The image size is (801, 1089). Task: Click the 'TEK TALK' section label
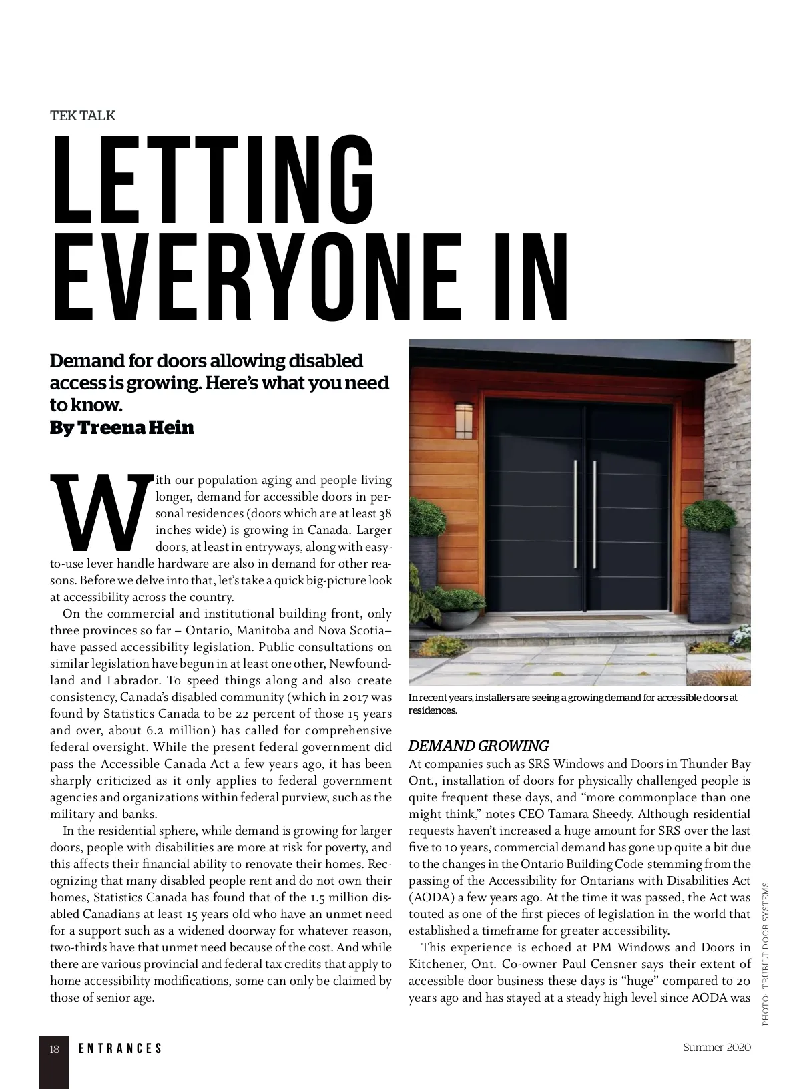tap(83, 116)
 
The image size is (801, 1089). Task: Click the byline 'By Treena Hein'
tap(122, 428)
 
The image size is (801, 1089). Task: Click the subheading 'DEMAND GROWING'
tap(478, 746)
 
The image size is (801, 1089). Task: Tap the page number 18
tap(55, 1049)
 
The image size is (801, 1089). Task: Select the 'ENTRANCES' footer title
tap(120, 1049)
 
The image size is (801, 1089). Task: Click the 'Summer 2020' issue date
tap(717, 1047)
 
